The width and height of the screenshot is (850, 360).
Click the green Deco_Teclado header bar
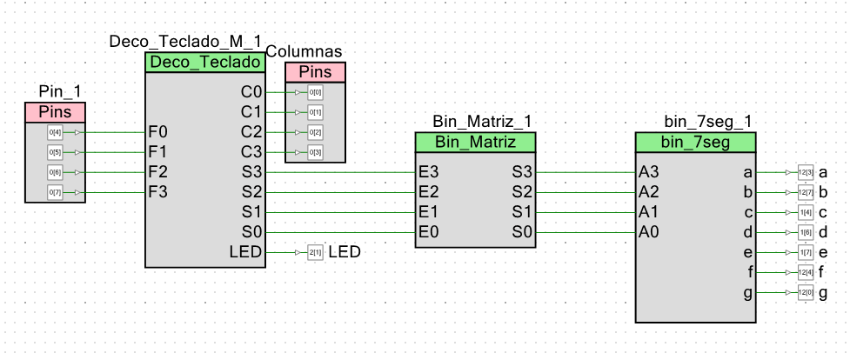[x=204, y=63]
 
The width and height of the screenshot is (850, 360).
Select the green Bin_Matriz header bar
[x=475, y=142]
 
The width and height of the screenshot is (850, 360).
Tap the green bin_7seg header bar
[x=696, y=142]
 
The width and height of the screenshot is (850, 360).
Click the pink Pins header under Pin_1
[x=55, y=112]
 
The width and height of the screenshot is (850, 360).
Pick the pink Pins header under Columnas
[x=315, y=72]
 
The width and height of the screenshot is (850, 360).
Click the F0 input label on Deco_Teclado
[x=158, y=132]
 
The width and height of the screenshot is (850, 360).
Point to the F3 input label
[x=158, y=192]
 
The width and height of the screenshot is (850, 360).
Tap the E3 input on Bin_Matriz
[x=429, y=172]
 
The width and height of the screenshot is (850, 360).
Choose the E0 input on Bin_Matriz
[x=429, y=232]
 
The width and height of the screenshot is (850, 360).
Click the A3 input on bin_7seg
[x=648, y=172]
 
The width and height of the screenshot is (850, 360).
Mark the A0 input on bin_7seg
[x=648, y=232]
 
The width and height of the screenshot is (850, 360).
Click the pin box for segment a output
[x=805, y=172]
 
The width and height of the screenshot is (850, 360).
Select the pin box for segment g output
[x=805, y=293]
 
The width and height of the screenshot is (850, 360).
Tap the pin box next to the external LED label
[x=315, y=252]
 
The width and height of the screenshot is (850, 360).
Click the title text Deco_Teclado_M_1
[x=185, y=43]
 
